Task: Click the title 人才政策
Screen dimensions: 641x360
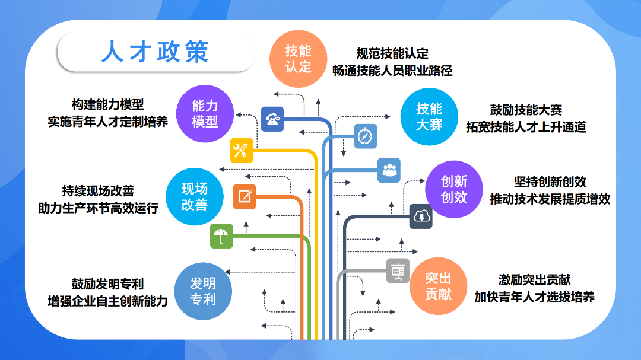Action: point(155,52)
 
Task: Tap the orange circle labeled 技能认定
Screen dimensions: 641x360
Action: point(299,59)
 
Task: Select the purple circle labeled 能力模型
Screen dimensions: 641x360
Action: point(205,114)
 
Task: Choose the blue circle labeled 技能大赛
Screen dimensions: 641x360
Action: point(429,116)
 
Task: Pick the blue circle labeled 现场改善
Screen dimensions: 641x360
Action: point(195,196)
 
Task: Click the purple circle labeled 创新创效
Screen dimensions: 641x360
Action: point(454,189)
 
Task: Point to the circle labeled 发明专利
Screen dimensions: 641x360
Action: point(203,291)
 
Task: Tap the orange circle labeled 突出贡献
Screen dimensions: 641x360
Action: point(438,286)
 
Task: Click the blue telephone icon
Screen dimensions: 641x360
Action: point(272,119)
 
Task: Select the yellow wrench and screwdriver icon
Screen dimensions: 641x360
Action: point(242,151)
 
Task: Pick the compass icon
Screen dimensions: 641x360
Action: point(366,136)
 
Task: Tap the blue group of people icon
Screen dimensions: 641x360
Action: point(389,170)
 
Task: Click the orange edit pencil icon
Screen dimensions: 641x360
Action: point(245,196)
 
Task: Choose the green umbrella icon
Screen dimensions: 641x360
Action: point(221,236)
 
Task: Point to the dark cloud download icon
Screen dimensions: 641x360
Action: point(421,216)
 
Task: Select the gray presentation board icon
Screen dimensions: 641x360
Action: point(398,270)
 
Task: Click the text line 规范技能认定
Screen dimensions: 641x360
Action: point(392,53)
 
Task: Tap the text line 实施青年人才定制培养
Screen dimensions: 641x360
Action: point(108,122)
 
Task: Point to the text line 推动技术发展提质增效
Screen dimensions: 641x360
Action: point(550,199)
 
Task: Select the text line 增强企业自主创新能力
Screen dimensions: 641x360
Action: point(108,301)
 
